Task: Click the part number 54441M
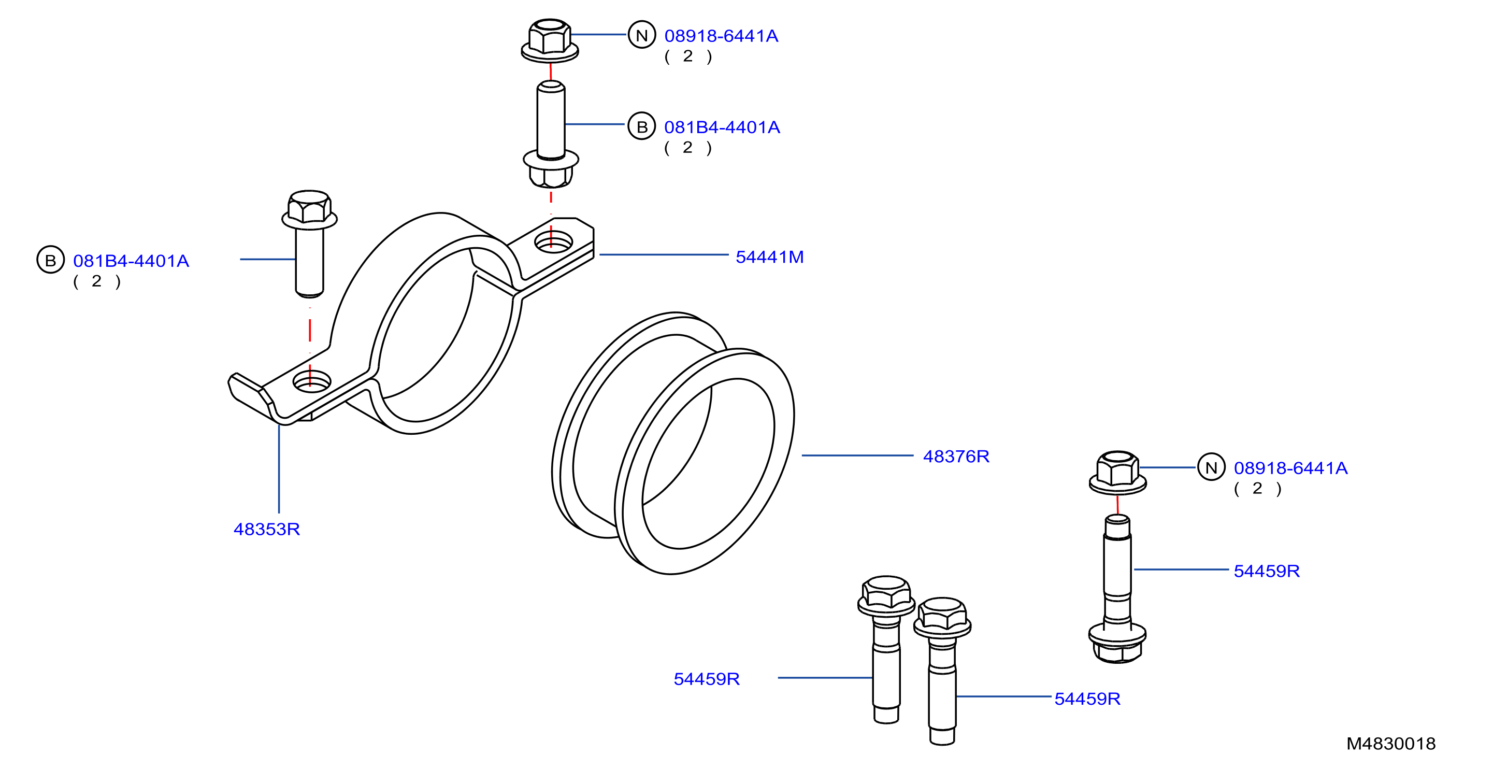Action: point(769,257)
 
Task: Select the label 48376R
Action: point(956,457)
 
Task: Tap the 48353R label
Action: point(267,529)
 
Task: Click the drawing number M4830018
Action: point(1390,744)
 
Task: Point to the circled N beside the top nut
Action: point(641,35)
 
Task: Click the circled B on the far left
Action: point(50,260)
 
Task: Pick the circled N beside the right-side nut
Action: point(1211,467)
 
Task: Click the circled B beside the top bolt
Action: point(641,126)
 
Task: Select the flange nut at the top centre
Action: point(550,39)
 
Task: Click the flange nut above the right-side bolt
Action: point(1117,472)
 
